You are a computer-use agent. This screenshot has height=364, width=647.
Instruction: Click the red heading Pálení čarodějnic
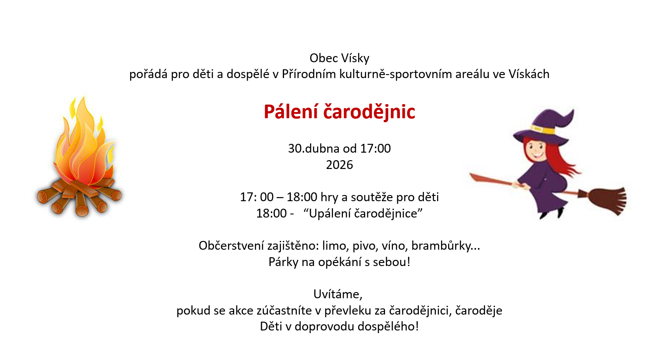(340, 112)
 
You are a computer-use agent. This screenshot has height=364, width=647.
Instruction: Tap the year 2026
(340, 165)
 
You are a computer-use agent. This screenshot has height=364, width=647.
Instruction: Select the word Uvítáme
(338, 294)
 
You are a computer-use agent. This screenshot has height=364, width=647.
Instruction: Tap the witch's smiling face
(536, 150)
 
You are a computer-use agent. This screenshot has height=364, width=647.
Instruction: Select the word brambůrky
(446, 246)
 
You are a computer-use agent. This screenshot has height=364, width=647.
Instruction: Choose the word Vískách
(529, 74)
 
